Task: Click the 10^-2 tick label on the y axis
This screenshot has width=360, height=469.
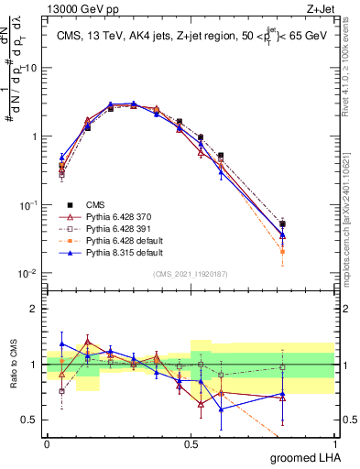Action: [27, 274]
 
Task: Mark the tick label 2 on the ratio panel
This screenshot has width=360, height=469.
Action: [35, 309]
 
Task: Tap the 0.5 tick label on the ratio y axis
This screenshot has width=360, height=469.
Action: [29, 420]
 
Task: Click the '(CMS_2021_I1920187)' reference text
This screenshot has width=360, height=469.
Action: [191, 272]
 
